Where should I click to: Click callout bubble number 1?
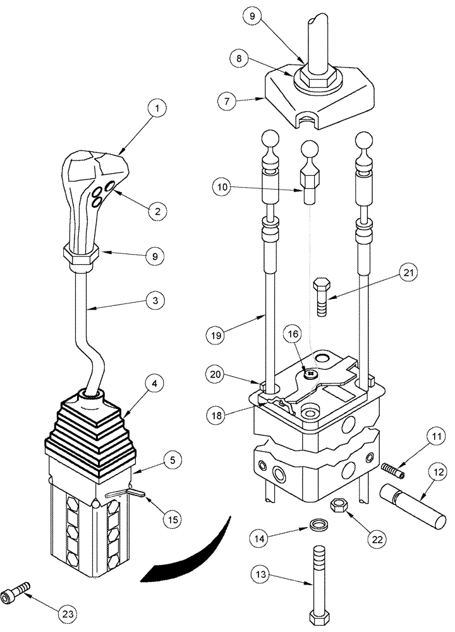click(x=159, y=109)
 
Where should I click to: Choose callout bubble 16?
click(x=294, y=333)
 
